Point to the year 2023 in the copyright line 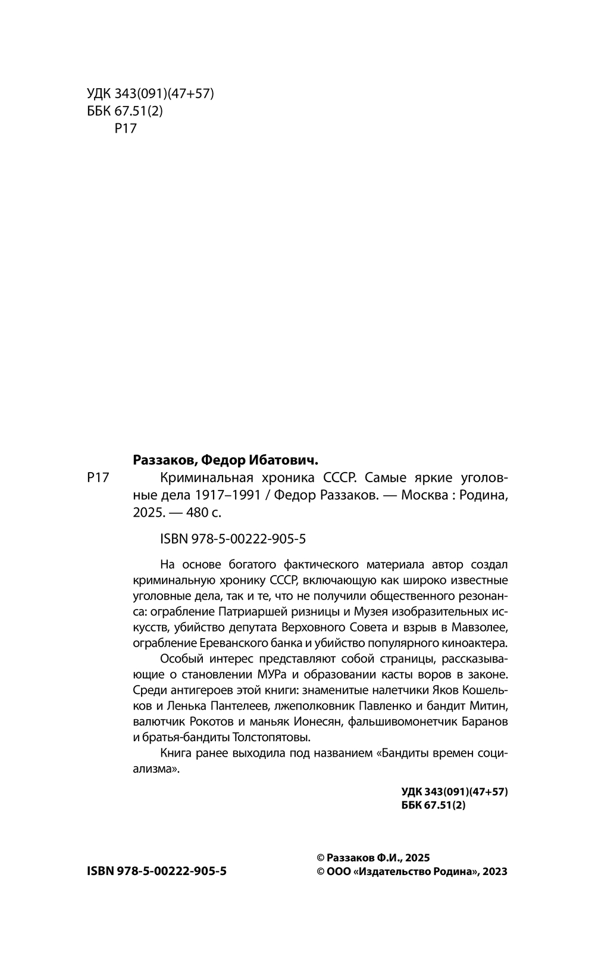click(x=494, y=872)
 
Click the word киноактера click(x=475, y=643)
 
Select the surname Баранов click(x=484, y=721)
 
